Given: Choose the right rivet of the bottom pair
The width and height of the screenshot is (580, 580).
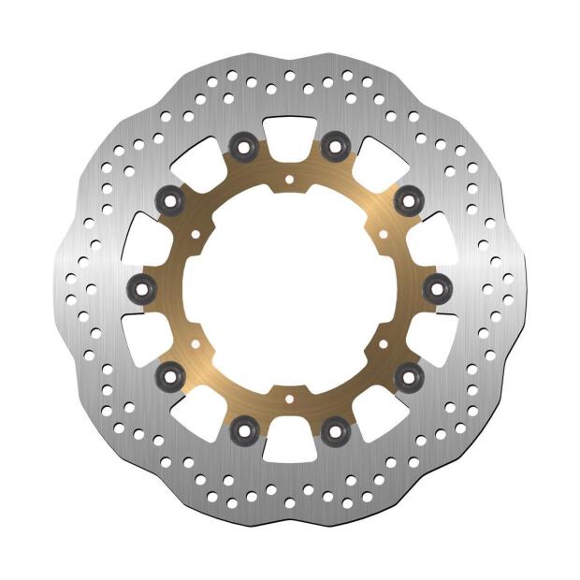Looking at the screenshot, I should (336, 431).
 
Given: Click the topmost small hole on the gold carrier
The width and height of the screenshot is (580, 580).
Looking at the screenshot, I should (289, 177).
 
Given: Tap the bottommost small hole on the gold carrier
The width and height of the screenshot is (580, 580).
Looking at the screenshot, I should (289, 400).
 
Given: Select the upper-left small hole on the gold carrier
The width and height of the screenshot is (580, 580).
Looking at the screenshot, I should (194, 232).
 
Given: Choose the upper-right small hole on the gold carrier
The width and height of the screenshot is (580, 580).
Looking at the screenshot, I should (384, 232).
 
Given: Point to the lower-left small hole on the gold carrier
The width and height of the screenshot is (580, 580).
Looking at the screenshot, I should (194, 345).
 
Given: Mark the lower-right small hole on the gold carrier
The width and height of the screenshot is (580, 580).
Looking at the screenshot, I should (384, 345).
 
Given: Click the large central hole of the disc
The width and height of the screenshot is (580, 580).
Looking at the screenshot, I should (289, 288).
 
